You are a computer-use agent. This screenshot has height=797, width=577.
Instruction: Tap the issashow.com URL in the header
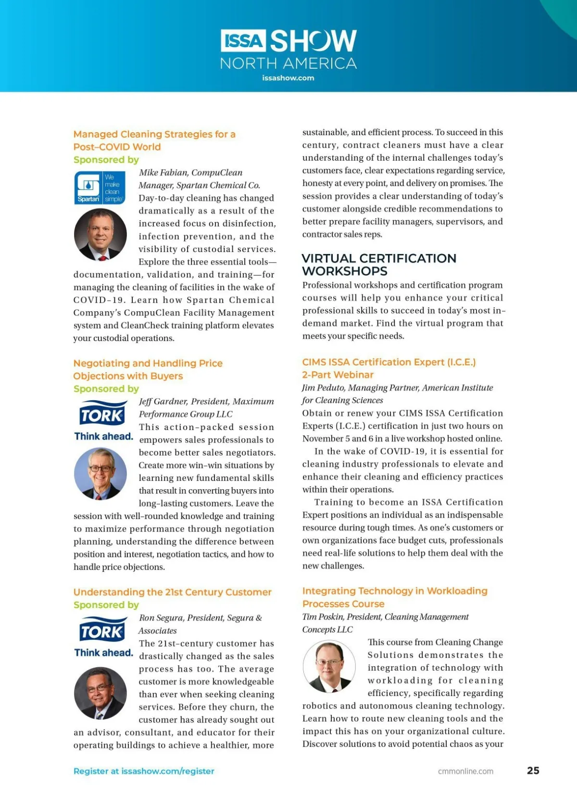(x=288, y=78)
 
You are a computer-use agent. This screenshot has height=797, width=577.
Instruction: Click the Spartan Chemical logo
(x=100, y=188)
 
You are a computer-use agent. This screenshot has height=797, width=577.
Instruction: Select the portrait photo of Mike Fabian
(x=100, y=235)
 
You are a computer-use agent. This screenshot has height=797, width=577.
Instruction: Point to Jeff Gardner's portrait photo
(x=100, y=473)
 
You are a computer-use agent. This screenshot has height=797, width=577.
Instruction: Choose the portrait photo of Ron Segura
(x=100, y=693)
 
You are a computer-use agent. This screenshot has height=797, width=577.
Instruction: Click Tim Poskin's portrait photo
(x=329, y=667)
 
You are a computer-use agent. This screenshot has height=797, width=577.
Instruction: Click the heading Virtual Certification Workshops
(x=378, y=265)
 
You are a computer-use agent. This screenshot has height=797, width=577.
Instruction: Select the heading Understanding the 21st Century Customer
(x=172, y=592)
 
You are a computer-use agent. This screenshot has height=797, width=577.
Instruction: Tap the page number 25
(x=533, y=771)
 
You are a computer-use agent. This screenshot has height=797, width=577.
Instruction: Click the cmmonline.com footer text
(x=465, y=771)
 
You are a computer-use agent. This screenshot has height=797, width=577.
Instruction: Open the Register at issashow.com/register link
(x=144, y=771)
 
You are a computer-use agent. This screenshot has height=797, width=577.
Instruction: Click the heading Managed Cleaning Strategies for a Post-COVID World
(x=154, y=140)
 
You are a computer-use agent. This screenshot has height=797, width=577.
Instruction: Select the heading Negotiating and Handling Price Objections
(x=148, y=369)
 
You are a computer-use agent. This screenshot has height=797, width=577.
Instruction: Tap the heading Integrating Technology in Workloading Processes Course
(x=394, y=597)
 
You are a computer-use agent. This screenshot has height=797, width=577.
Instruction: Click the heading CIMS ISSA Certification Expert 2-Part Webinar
(x=389, y=368)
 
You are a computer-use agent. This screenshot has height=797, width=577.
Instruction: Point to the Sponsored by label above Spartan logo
(x=106, y=160)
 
